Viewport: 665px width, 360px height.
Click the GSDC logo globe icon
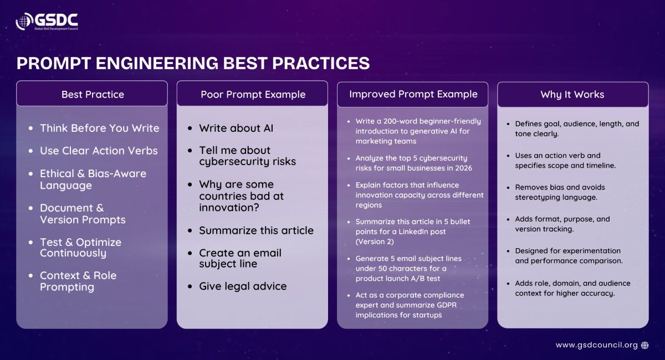(24, 21)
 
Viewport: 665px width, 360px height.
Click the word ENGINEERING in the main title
(157, 63)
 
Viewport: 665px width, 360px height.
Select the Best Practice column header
(93, 94)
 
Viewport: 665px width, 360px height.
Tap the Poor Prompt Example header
(253, 94)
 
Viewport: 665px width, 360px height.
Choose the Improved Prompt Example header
(413, 94)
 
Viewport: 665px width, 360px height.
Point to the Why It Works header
(572, 94)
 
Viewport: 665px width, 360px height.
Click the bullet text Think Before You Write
(100, 128)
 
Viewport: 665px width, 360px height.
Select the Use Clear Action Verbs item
(99, 151)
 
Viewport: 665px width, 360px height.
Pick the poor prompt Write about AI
(236, 128)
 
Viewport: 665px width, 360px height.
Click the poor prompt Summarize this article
(256, 230)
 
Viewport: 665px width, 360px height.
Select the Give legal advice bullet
(243, 286)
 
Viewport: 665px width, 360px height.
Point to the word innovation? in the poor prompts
(229, 208)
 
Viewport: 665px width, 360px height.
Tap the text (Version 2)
(375, 241)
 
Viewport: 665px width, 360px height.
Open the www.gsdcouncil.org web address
(597, 345)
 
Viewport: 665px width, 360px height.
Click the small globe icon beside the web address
(645, 345)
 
